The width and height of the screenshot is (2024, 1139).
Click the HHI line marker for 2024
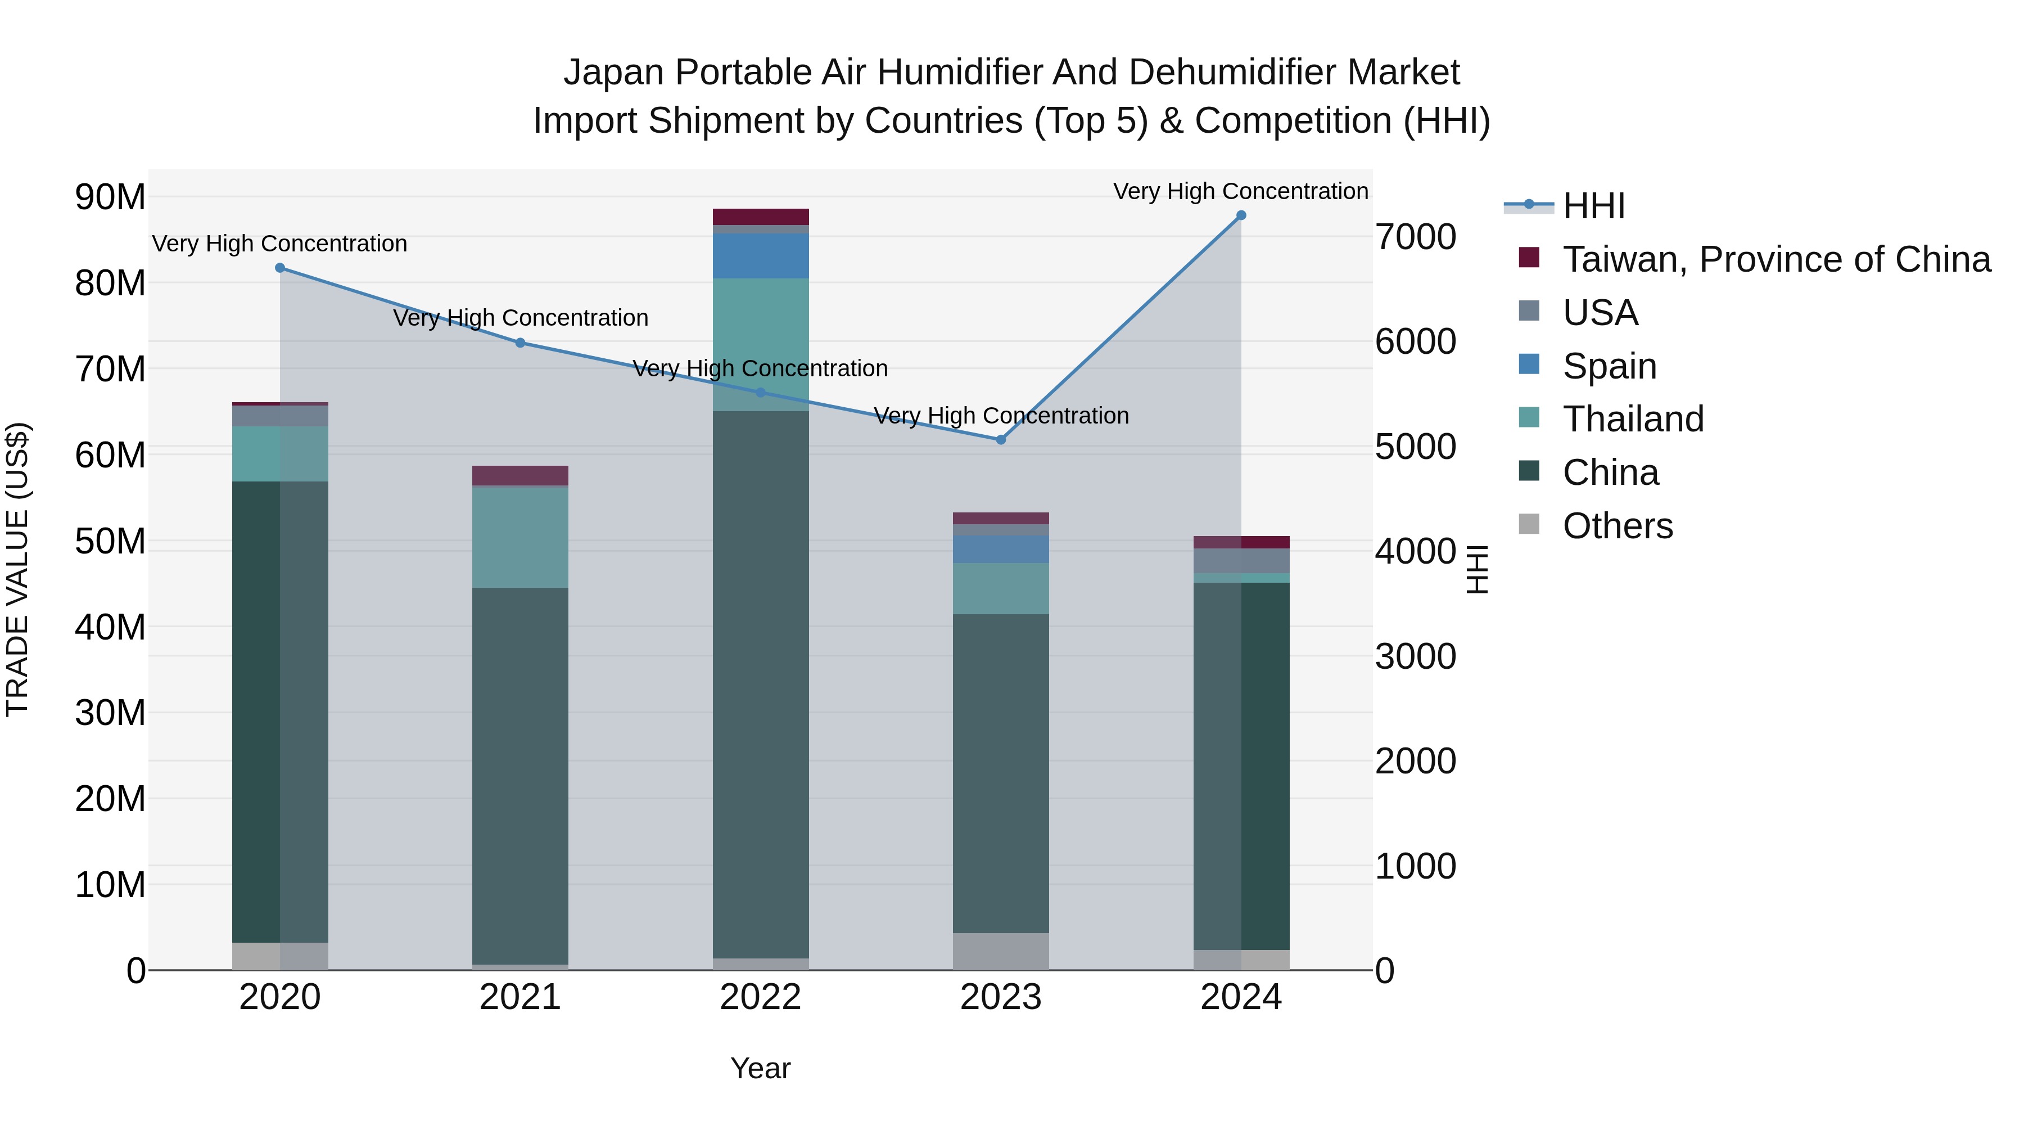(x=1241, y=215)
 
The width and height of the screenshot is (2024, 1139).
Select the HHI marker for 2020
(x=280, y=268)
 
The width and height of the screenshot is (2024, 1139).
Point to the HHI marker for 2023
(x=1000, y=439)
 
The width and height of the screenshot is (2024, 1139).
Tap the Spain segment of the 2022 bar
(x=761, y=255)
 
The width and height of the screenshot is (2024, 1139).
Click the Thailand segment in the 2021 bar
(x=520, y=538)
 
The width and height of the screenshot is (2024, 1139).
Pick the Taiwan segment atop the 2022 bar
(x=761, y=217)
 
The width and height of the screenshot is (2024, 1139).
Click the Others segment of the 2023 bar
(x=1000, y=951)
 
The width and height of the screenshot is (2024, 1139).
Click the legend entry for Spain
(x=1609, y=366)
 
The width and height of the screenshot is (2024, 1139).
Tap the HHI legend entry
(x=1593, y=206)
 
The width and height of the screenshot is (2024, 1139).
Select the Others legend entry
(x=1617, y=526)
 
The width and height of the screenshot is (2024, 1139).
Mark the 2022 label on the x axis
(x=761, y=997)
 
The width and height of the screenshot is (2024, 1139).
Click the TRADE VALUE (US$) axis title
(x=17, y=569)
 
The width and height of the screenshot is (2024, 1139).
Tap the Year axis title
(x=761, y=1068)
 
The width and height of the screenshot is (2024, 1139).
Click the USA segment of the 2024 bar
(x=1241, y=560)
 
